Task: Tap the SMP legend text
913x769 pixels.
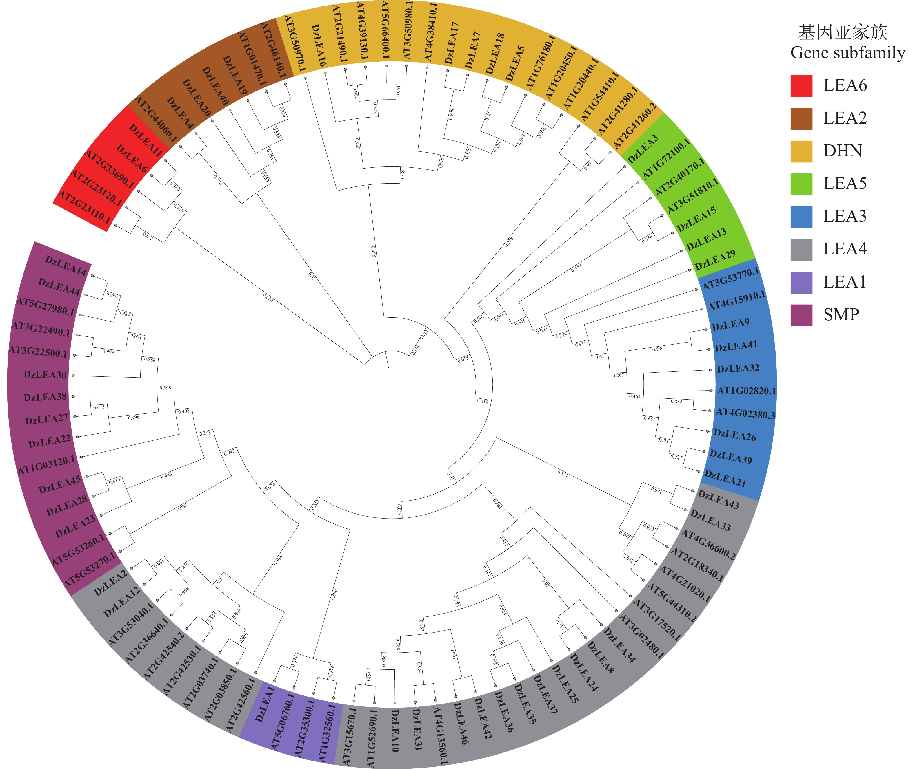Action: click(x=841, y=314)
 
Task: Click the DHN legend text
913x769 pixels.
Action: click(x=842, y=151)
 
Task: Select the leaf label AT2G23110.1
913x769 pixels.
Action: click(x=85, y=207)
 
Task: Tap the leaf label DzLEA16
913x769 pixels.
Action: click(x=319, y=46)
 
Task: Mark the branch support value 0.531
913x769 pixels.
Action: click(x=563, y=473)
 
